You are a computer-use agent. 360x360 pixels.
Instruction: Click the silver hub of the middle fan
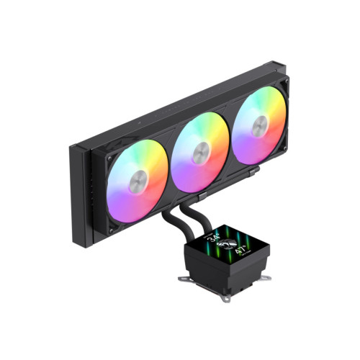click(x=201, y=153)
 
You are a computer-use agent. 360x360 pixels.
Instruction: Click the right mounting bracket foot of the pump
click(x=266, y=279)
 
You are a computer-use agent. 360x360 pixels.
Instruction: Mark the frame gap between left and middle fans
click(x=170, y=168)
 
